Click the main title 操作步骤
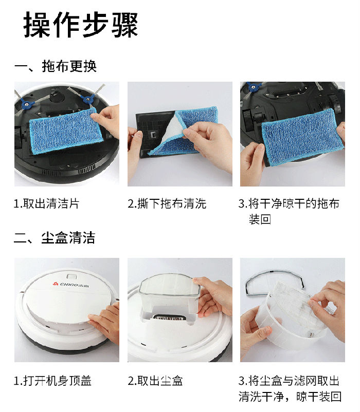(81, 25)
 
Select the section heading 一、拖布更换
(56, 66)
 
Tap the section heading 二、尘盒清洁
(55, 238)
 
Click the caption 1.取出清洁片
(47, 203)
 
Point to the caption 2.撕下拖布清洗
(167, 203)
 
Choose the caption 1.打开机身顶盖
(52, 381)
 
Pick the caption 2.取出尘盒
(155, 381)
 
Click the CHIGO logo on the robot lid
(71, 285)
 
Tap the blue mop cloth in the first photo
(65, 130)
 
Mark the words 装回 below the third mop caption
(260, 219)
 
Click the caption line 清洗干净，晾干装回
(290, 397)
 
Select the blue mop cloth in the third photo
(302, 137)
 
